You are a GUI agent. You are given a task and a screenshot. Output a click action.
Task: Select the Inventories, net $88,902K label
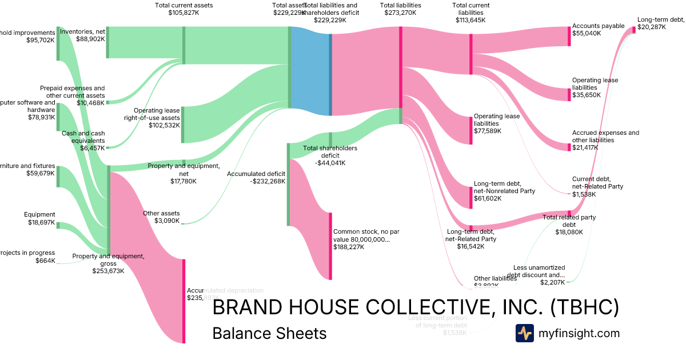tap(82, 35)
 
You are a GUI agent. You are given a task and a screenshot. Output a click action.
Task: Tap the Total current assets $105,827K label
tap(183, 9)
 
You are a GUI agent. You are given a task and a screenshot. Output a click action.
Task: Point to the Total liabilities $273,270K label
tap(400, 9)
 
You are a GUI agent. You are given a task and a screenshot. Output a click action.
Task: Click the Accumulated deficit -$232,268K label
tap(256, 177)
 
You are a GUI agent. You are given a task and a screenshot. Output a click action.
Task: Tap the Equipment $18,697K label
tap(39, 218)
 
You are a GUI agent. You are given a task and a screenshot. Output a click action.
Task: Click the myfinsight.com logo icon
tap(524, 333)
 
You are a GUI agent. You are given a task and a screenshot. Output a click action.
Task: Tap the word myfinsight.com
tap(579, 333)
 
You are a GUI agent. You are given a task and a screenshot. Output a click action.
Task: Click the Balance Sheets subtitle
tap(269, 333)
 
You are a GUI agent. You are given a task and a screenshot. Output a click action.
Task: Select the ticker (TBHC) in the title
tap(584, 307)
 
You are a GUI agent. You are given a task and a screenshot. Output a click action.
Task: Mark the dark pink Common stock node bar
tap(330, 246)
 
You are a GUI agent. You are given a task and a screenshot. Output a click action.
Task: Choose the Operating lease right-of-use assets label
tap(151, 117)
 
